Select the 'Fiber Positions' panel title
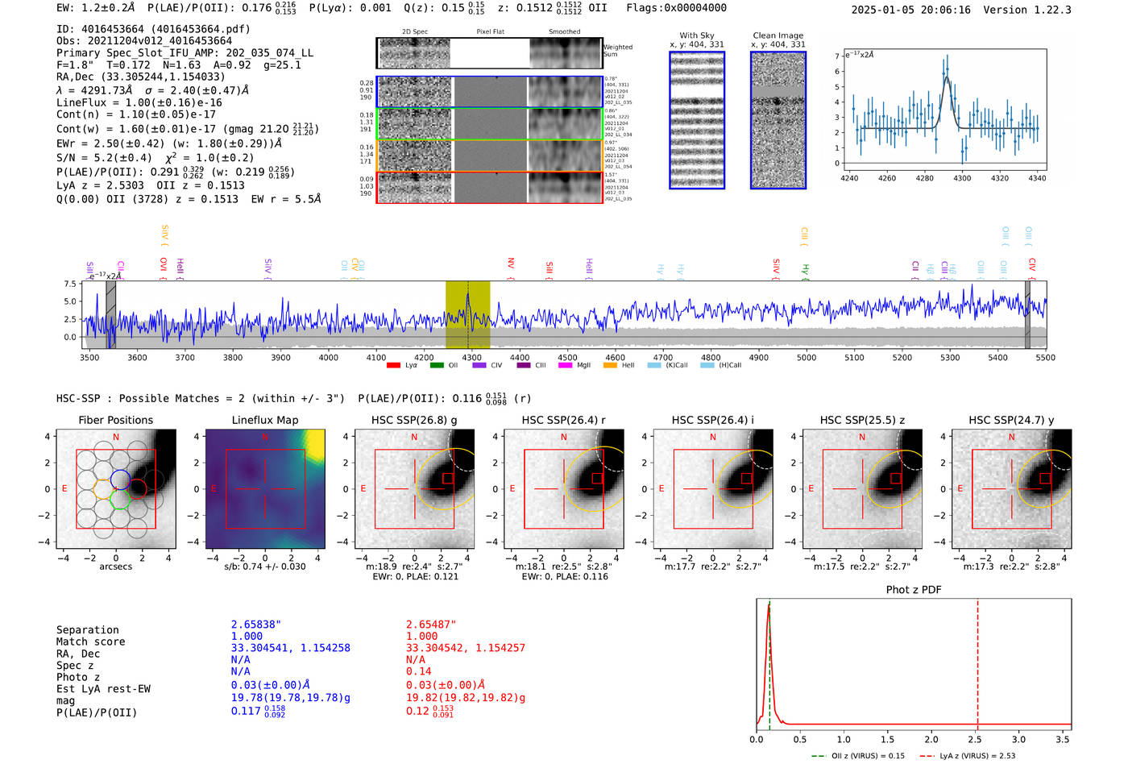coord(115,420)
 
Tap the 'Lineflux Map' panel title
coord(264,420)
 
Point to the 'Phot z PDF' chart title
coord(913,590)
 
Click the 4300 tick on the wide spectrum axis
coord(471,357)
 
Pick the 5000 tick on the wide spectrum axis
coord(806,357)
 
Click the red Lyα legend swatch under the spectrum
coord(393,365)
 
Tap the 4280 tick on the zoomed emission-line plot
coord(924,178)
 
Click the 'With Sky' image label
coord(696,35)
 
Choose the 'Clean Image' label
coord(778,35)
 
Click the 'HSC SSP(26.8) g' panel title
coord(413,420)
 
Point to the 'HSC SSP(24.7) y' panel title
coord(1010,420)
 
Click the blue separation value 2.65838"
coord(256,625)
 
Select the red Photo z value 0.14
coord(418,671)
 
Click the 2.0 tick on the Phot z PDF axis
coord(931,739)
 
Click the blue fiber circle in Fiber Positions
coord(120,479)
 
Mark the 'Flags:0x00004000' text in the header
coord(676,8)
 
